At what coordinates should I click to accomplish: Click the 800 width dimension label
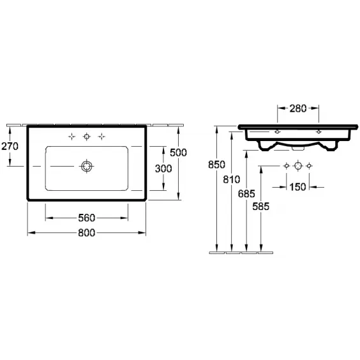coord(87,233)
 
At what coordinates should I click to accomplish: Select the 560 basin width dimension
coord(87,218)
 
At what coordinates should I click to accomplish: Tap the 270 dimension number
coord(10,146)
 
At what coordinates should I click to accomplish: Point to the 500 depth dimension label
coord(178,153)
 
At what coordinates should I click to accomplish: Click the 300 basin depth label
coord(163,169)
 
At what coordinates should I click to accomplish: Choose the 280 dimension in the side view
coord(298,109)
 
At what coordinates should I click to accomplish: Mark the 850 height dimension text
coord(217,165)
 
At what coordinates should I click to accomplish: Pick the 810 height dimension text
coord(232,179)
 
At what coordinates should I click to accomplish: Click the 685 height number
coord(246,194)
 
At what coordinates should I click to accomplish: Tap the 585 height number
coord(261,207)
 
